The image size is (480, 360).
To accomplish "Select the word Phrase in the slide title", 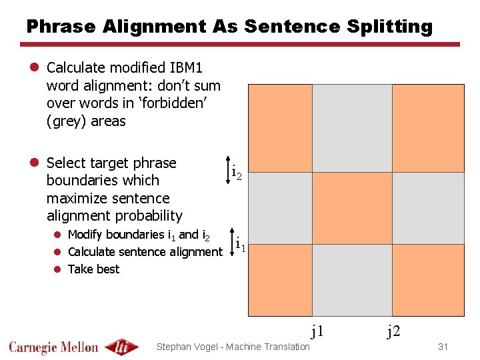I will [61, 27].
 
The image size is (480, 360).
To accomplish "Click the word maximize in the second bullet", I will [74, 198].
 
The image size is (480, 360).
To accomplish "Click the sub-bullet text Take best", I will [93, 269].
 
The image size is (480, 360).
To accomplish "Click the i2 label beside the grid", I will [236, 173].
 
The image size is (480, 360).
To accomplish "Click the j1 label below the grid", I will [317, 330].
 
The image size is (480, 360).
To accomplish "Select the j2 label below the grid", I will [394, 330].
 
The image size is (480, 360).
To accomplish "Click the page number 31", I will [443, 347].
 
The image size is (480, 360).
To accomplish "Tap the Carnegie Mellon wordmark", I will [53, 347].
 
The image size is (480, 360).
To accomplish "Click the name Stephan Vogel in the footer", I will [187, 347].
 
